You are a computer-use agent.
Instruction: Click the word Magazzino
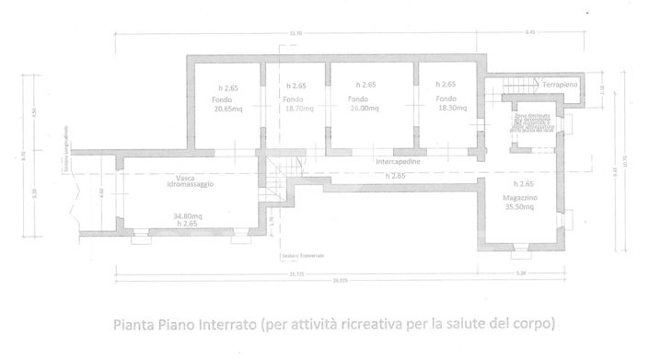pyautogui.click(x=521, y=198)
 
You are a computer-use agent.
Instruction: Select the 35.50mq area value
pyautogui.click(x=521, y=208)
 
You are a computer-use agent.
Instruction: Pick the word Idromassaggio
pyautogui.click(x=189, y=186)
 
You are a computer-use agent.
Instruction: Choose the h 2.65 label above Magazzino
pyautogui.click(x=520, y=185)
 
